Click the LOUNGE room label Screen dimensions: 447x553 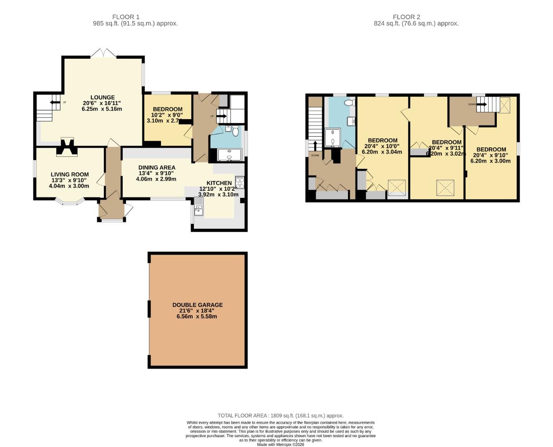tap(102, 98)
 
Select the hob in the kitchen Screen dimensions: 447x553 tap(240, 182)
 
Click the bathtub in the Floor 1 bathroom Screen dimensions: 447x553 tap(229, 155)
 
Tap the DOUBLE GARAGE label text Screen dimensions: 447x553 tap(197, 305)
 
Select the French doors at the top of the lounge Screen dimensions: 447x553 tap(103, 53)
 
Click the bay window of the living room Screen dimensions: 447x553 tap(69, 202)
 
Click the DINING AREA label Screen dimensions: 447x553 tap(157, 168)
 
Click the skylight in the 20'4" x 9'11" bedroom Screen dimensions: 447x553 tap(445, 187)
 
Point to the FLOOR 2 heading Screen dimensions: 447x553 tap(406, 17)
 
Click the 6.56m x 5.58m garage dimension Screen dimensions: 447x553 tap(197, 316)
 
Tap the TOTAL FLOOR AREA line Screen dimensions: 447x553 tap(281, 416)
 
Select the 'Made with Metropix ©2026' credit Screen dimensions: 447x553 tap(281, 445)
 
